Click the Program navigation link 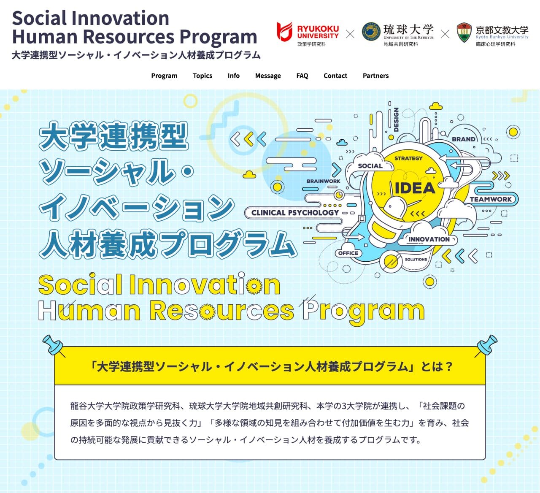pos(164,76)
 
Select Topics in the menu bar pos(202,76)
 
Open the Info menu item pos(233,76)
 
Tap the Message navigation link pos(268,76)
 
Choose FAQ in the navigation pos(302,76)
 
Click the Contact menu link pos(335,76)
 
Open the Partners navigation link pos(375,76)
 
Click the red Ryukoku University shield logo pos(284,32)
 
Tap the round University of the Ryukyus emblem pos(371,32)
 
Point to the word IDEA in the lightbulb pos(415,188)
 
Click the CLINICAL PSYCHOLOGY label pos(295,213)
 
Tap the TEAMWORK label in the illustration pos(491,199)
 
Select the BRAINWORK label pos(323,181)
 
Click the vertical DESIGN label pos(396,119)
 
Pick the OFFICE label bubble pos(348,253)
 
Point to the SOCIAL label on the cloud pos(370,166)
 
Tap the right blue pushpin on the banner pos(486,346)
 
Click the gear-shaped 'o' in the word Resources pos(207,312)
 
